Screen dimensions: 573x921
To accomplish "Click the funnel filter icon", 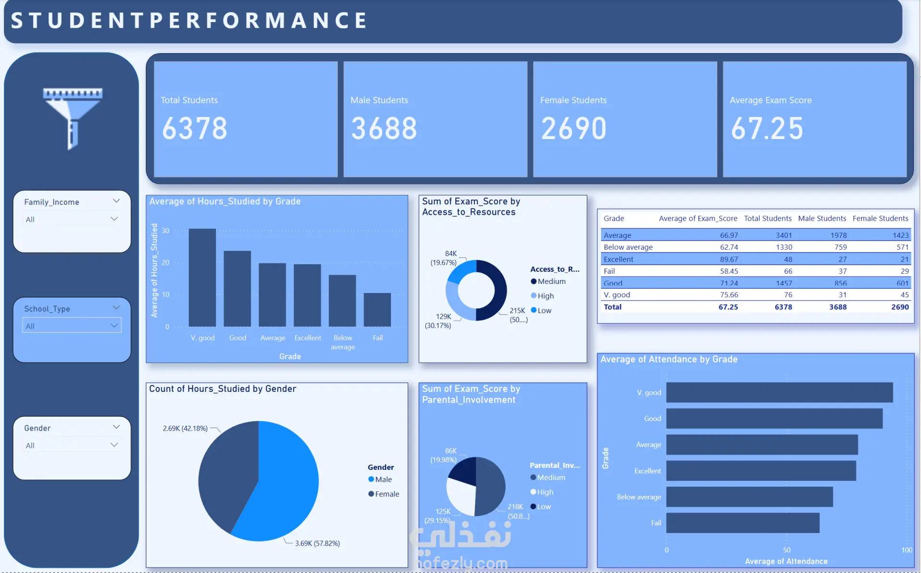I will [x=72, y=117].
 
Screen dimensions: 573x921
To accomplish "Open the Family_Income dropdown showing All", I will [x=72, y=219].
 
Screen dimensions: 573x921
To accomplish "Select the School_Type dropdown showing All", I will [x=72, y=326].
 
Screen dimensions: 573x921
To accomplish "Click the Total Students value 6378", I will [x=194, y=129].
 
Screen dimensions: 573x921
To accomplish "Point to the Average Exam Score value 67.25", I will [x=767, y=129].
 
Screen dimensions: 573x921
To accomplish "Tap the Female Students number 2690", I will [x=574, y=129].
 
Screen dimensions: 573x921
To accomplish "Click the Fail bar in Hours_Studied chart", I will [x=377, y=310].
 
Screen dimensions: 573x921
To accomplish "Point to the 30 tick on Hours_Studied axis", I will [x=165, y=231].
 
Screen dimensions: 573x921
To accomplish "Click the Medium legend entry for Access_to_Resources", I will [x=551, y=281].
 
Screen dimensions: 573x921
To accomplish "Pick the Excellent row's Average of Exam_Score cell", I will [x=729, y=259].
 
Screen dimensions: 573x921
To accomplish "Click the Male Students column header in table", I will [x=822, y=219].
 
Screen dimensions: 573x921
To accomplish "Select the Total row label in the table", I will [x=613, y=307].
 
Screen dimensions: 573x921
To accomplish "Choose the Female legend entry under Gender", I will [x=386, y=494].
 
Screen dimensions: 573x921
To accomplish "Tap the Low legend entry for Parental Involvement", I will [x=543, y=507].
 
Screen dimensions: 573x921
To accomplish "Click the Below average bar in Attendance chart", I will [x=749, y=497].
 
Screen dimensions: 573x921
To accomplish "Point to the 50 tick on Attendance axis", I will [x=787, y=550].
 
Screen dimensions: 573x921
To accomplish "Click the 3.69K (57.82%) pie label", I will [x=317, y=543].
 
